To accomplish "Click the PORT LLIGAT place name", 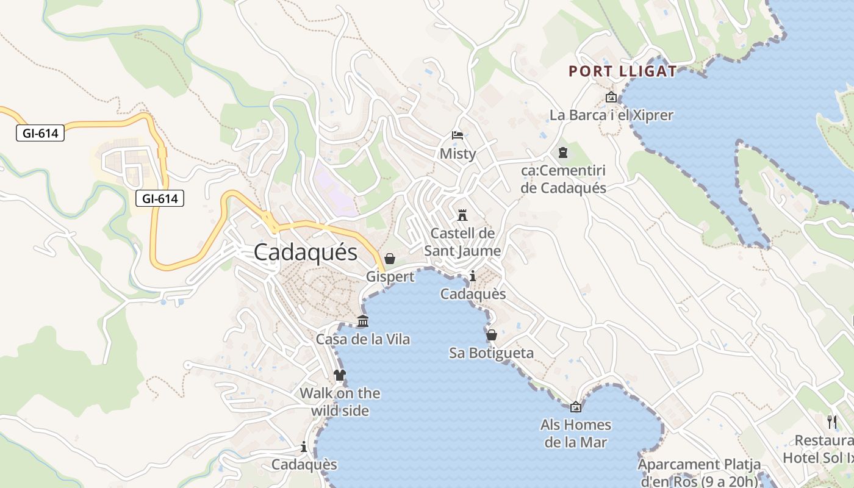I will click(623, 71).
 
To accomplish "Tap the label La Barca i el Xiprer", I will click(611, 115).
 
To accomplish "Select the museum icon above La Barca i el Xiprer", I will click(611, 97).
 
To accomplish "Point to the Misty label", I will click(457, 154).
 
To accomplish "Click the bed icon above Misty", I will click(457, 135).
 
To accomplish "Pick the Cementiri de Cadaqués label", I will click(564, 179).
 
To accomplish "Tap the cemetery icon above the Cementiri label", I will click(562, 152).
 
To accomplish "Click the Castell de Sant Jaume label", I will click(462, 242).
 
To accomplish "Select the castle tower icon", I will click(462, 215).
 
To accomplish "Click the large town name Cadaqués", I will click(306, 252).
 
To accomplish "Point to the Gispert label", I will click(390, 277).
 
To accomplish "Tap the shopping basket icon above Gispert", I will click(390, 259).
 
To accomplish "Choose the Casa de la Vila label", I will click(363, 339).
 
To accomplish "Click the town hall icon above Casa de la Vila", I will click(363, 321).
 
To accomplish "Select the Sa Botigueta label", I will click(491, 353).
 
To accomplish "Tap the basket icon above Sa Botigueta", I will click(491, 335).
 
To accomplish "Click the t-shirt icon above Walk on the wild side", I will click(340, 375).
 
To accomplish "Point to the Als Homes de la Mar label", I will click(576, 433).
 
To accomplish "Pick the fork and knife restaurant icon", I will click(831, 421).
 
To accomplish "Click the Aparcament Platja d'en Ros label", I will click(700, 473).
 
